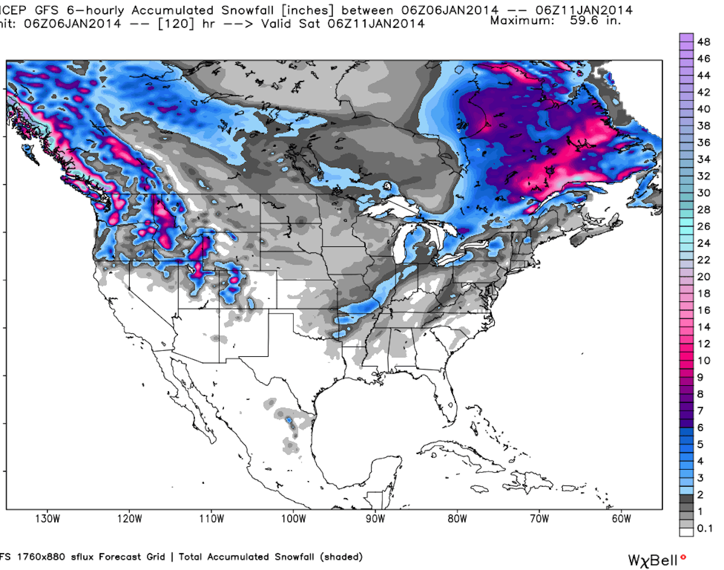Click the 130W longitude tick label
pyautogui.click(x=47, y=519)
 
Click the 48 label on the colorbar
pyautogui.click(x=703, y=42)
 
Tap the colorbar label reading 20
pyautogui.click(x=703, y=277)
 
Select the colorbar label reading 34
pyautogui.click(x=703, y=159)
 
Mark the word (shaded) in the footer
pyautogui.click(x=341, y=556)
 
